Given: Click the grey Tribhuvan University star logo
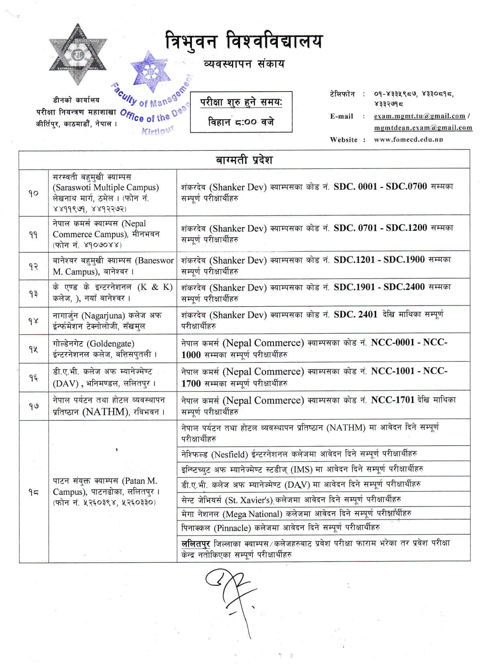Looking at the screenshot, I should (78, 55).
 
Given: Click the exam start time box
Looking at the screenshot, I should (241, 112).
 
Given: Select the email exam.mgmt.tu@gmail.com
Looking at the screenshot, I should (419, 116).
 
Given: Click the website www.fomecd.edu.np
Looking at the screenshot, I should (408, 140).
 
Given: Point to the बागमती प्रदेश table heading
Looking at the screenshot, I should (244, 160).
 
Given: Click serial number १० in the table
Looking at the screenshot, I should (34, 193).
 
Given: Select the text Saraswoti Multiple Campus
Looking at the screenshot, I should (106, 188).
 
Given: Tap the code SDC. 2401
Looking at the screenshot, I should (355, 315).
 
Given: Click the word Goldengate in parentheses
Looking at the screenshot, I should (110, 344).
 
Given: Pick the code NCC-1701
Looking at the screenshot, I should (392, 400).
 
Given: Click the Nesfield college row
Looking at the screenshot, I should (299, 454).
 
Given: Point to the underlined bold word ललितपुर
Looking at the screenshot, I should (196, 543).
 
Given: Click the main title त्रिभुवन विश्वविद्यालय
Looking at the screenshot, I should (244, 42).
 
